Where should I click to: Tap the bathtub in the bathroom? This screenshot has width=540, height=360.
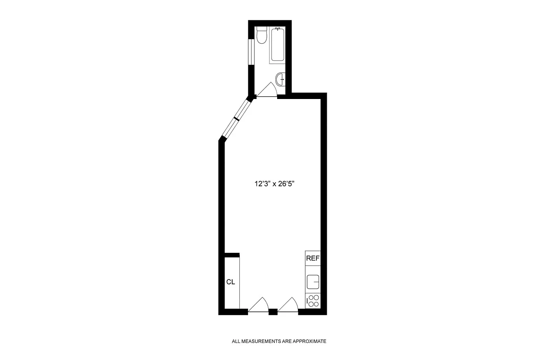tap(277, 45)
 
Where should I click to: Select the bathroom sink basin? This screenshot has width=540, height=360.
tap(281, 80)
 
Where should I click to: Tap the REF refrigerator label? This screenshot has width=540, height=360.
tap(313, 258)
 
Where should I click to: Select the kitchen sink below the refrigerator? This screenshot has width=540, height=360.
tap(313, 282)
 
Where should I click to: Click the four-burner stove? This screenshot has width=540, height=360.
tap(313, 301)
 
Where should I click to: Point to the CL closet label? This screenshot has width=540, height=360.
tap(231, 282)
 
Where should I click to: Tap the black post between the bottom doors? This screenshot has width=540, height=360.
tap(273, 311)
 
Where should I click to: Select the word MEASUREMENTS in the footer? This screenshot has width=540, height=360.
tap(257, 342)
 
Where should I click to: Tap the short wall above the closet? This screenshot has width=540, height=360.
tap(232, 255)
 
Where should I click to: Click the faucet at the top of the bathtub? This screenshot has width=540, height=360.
tap(277, 29)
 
